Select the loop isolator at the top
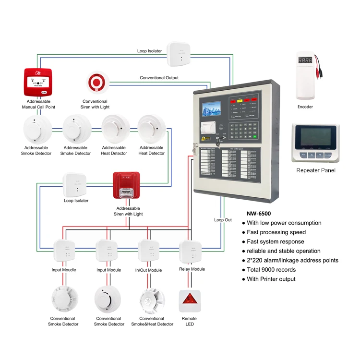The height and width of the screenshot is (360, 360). point(179,54)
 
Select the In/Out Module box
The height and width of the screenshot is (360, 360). point(148,251)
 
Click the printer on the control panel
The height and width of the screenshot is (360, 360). point(207,129)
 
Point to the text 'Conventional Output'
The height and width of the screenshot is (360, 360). point(159,78)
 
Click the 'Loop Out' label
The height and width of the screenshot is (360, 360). point(223,220)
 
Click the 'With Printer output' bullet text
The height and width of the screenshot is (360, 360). point(271,279)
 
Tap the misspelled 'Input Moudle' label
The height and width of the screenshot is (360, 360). point(63,270)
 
